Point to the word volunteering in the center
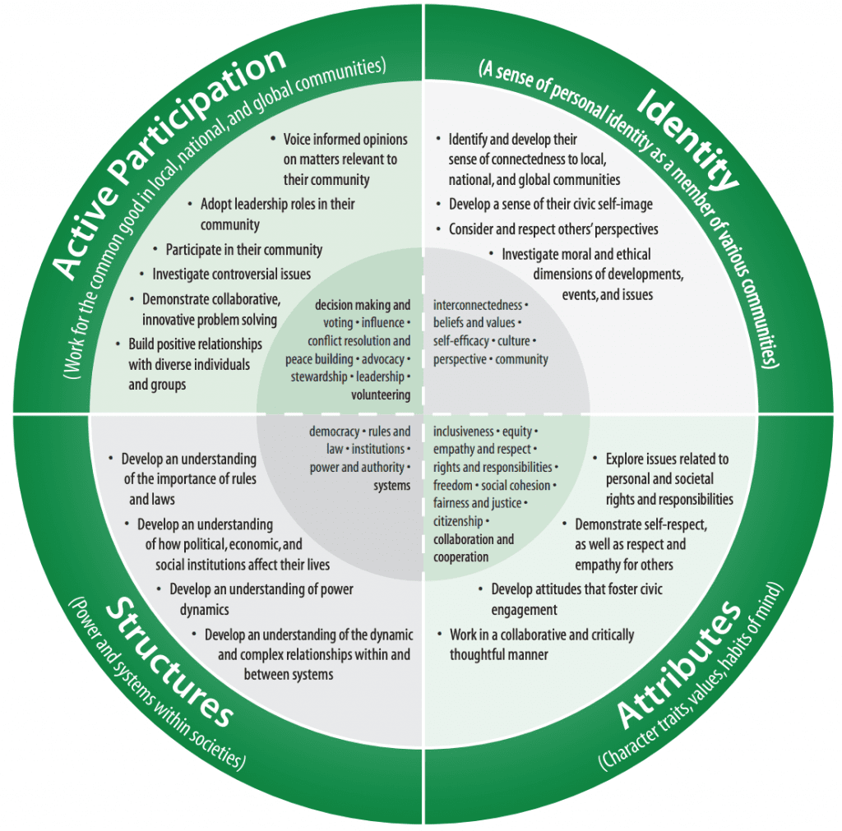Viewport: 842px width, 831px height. coord(381,395)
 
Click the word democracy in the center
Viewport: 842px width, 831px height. coord(334,432)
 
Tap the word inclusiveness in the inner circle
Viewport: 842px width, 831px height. coord(464,432)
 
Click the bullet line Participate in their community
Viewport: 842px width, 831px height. coord(243,249)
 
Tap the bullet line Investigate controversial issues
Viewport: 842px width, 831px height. coord(231,274)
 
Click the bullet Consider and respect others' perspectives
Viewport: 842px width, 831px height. coord(553,229)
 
